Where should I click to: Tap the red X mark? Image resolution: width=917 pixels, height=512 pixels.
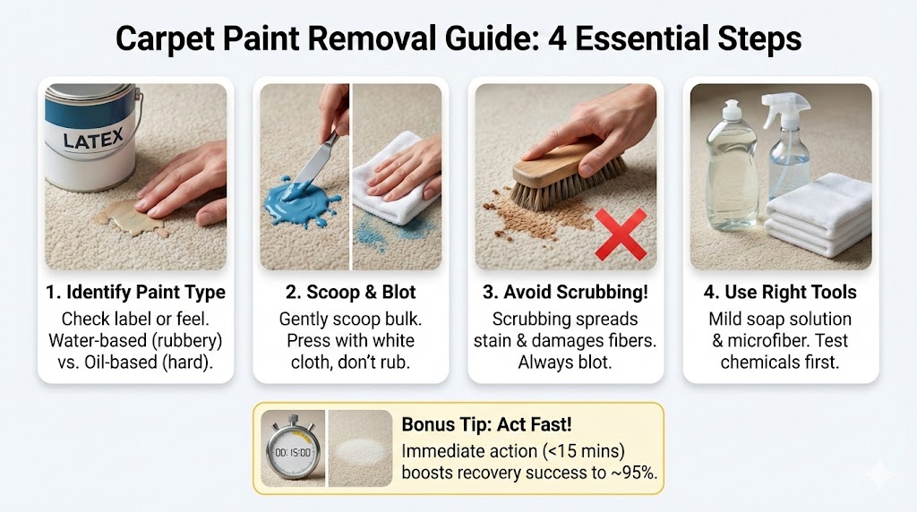click(621, 235)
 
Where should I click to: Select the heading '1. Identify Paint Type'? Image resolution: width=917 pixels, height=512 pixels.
click(136, 292)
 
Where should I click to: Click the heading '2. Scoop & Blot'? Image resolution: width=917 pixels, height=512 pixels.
click(350, 292)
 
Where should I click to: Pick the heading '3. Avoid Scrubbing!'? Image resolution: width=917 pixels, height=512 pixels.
click(566, 292)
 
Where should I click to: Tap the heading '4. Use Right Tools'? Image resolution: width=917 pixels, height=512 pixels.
click(780, 292)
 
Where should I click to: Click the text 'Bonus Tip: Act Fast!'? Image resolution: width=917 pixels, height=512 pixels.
click(486, 424)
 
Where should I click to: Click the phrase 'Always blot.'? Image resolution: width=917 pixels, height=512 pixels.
click(565, 363)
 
